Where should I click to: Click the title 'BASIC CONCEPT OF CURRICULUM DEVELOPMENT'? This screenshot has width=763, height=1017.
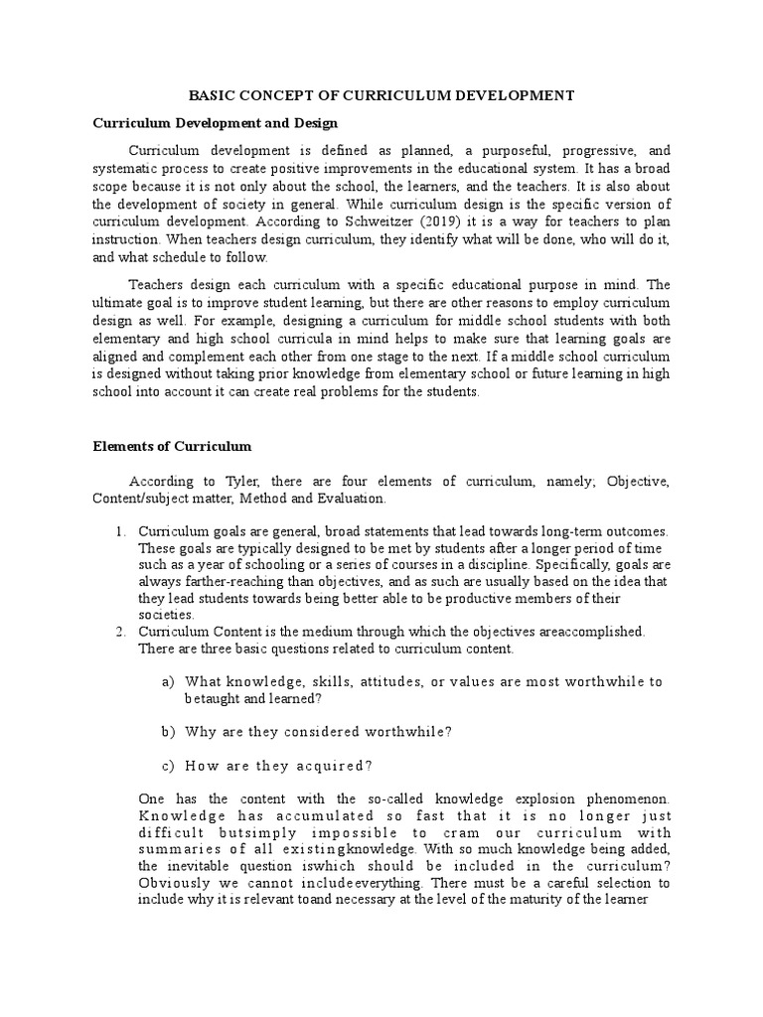(381, 95)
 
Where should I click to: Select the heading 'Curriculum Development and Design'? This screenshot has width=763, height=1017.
(216, 123)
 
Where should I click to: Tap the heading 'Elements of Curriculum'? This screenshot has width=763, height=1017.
(172, 446)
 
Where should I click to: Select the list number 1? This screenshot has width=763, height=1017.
(120, 532)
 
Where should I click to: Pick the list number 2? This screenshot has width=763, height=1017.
(120, 631)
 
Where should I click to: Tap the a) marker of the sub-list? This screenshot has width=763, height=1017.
(167, 681)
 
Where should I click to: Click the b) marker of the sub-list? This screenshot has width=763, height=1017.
(167, 731)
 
